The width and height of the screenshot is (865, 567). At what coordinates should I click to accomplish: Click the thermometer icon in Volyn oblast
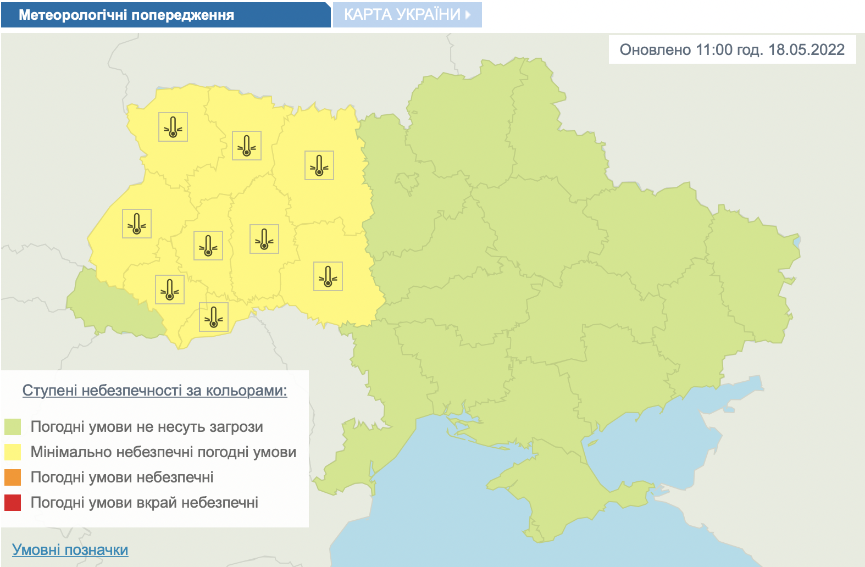173,127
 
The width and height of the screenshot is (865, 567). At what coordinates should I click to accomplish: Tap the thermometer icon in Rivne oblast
247,146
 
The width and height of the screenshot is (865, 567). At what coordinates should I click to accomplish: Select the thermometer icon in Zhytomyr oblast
319,165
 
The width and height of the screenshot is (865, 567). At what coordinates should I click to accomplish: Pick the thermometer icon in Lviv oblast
137,224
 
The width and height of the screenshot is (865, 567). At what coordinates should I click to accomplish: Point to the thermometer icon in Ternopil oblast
208,246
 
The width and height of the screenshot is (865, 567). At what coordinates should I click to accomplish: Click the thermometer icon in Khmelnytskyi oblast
264,239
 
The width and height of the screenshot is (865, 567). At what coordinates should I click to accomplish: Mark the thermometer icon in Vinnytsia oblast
328,276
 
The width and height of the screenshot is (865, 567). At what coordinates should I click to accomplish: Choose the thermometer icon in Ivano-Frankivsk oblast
170,290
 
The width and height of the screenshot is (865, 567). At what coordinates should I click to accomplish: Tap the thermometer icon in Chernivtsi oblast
214,317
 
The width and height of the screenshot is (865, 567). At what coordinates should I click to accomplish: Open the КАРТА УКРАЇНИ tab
407,15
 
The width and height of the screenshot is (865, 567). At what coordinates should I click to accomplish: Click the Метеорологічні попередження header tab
126,15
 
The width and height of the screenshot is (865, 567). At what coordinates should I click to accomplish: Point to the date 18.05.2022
806,50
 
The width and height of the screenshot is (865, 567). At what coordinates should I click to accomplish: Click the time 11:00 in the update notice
714,50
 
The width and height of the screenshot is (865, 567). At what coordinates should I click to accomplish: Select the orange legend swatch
13,477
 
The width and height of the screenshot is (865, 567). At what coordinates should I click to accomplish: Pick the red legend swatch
13,503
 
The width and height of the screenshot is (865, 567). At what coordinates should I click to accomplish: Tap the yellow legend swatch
13,452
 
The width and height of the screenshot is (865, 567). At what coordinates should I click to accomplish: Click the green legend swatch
13,427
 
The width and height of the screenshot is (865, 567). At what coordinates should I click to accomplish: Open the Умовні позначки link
70,550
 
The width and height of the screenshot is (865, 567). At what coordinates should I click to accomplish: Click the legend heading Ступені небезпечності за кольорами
154,391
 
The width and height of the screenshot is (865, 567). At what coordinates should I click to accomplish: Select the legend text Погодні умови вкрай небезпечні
145,503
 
